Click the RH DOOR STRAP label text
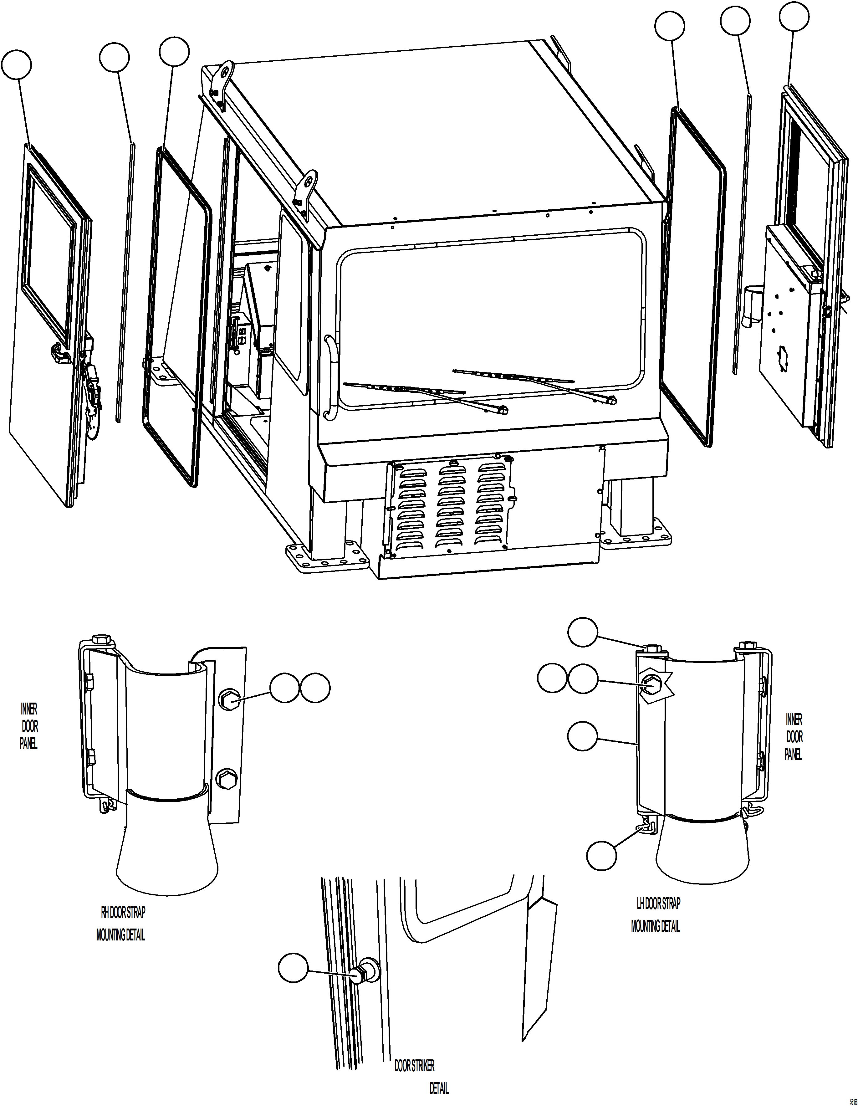click(x=123, y=913)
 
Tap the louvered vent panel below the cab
click(x=451, y=506)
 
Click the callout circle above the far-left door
click(x=16, y=65)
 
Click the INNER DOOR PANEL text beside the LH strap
click(x=794, y=737)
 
